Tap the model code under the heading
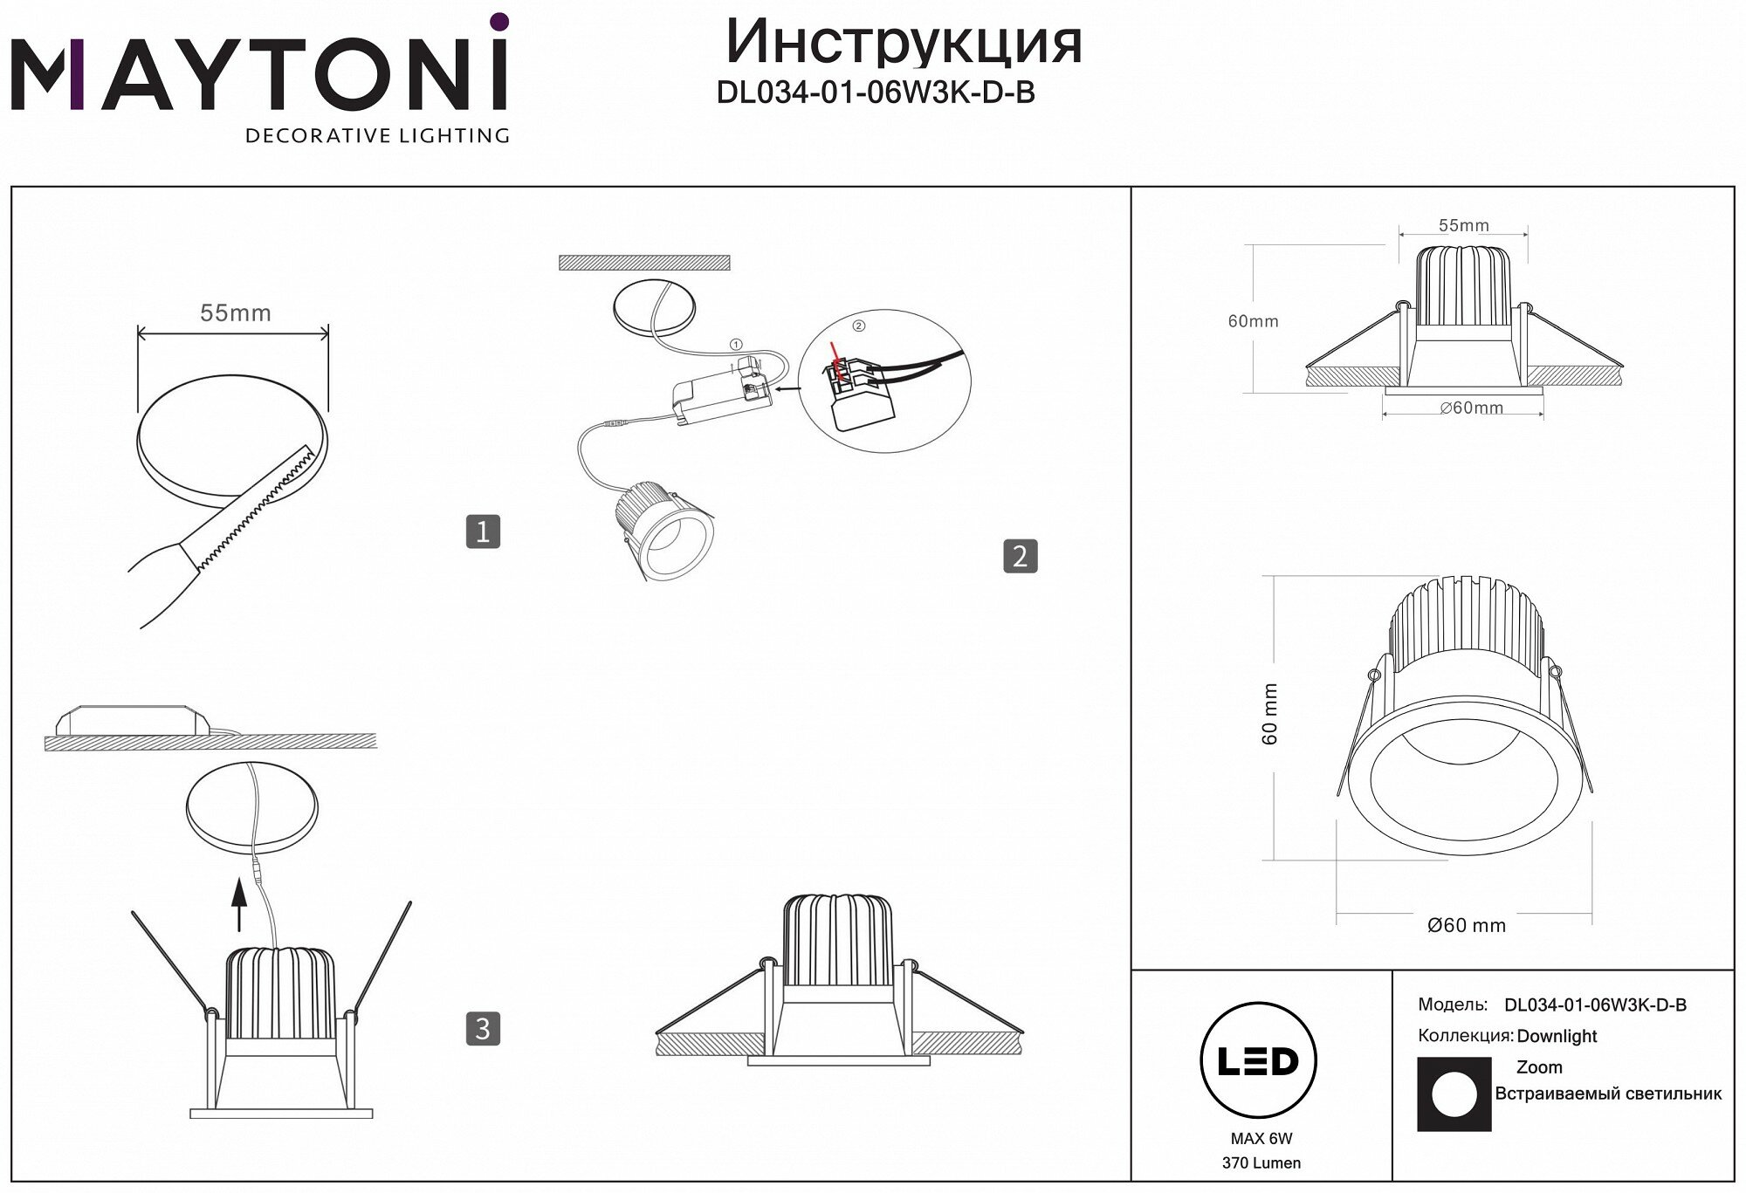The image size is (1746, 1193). coord(876,92)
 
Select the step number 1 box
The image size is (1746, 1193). coord(483,531)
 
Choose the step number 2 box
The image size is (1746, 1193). coord(1021,556)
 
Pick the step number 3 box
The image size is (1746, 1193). coord(483,1029)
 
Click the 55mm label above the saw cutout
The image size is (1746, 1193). coord(235,312)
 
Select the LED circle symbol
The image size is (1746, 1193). coord(1258,1061)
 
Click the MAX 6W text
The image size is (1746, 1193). coord(1261,1138)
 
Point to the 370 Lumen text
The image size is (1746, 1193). coord(1261,1163)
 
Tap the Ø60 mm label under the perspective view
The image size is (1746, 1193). coord(1466,925)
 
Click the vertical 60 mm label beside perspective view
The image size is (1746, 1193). coord(1270,714)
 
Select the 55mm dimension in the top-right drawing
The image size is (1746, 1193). coord(1463,225)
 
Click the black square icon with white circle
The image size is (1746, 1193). coord(1454,1094)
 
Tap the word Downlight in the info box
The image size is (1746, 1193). coord(1557,1036)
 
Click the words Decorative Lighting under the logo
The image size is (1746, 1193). coord(377,135)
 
